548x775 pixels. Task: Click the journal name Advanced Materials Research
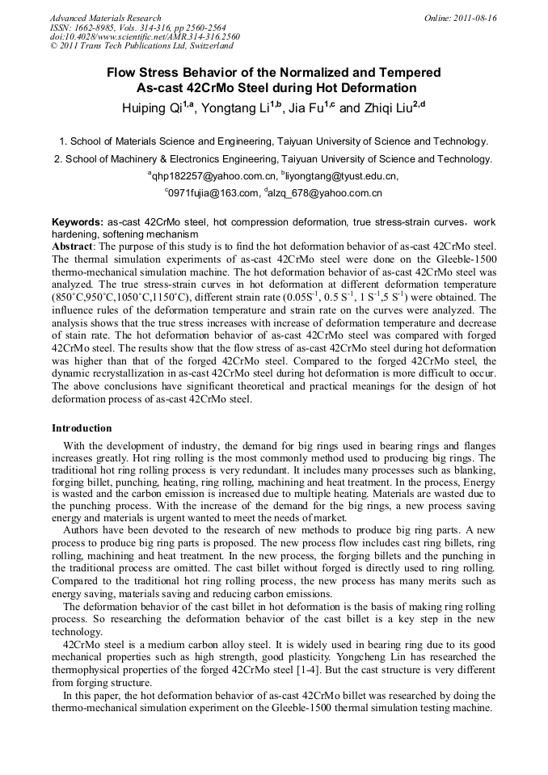click(105, 18)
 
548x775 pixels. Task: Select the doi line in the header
click(145, 36)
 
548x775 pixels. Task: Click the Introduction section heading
click(82, 428)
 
